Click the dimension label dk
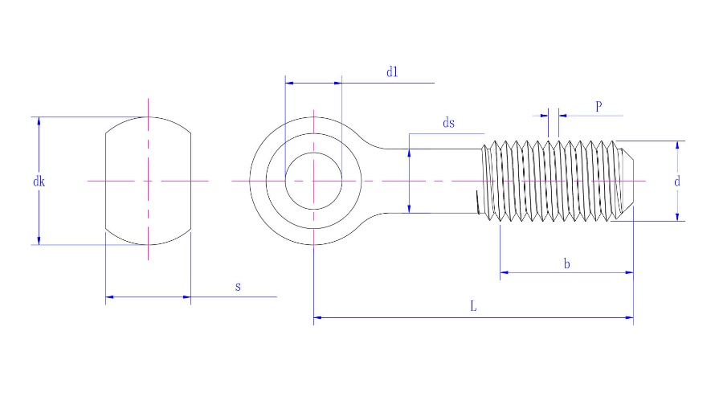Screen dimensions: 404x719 pyautogui.click(x=39, y=182)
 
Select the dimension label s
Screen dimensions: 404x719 pyautogui.click(x=238, y=287)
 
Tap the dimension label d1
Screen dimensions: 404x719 pyautogui.click(x=392, y=72)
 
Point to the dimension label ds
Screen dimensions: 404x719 pyautogui.click(x=448, y=123)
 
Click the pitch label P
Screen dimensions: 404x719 pyautogui.click(x=598, y=106)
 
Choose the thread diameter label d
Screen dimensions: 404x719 pyautogui.click(x=677, y=182)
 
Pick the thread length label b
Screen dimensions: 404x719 pyautogui.click(x=566, y=263)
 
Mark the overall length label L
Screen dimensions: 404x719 pyautogui.click(x=473, y=307)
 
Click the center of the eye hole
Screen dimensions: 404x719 pyautogui.click(x=313, y=181)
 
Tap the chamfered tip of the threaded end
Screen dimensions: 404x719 pyautogui.click(x=631, y=181)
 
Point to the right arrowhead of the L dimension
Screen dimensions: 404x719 pyautogui.click(x=629, y=319)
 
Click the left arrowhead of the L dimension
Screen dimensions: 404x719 pyautogui.click(x=318, y=319)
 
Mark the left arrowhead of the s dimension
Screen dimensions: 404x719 pyautogui.click(x=110, y=297)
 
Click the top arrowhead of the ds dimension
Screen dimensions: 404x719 pyautogui.click(x=410, y=153)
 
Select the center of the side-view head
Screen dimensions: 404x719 pyautogui.click(x=148, y=181)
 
